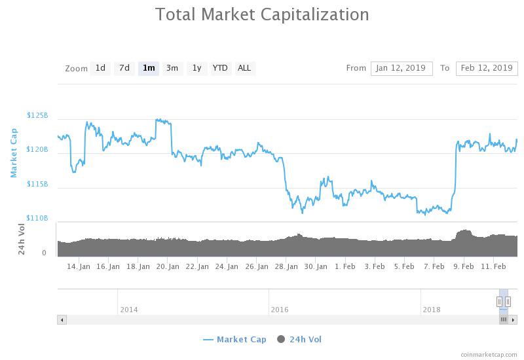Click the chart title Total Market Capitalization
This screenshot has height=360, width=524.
[262, 14]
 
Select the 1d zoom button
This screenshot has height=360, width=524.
[100, 68]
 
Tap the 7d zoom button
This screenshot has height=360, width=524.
[124, 68]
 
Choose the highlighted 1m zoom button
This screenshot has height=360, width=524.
[149, 68]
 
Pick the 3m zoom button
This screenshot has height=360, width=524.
[172, 68]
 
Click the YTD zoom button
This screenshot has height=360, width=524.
[221, 68]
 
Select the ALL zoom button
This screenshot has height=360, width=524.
[244, 68]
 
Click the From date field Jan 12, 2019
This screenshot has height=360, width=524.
[402, 68]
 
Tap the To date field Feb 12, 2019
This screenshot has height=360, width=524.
[487, 68]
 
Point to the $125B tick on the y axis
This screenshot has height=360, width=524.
[37, 115]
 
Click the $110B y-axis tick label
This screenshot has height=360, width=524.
[37, 218]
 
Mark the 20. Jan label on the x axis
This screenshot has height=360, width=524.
[168, 266]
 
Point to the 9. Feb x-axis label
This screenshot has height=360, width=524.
[464, 266]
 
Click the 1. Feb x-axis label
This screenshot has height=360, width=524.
[345, 266]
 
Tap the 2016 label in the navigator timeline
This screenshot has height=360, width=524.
[280, 310]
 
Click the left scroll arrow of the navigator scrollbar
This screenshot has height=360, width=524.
[62, 320]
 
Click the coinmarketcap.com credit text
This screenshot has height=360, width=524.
[488, 354]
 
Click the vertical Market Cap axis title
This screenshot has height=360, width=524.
[14, 153]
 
